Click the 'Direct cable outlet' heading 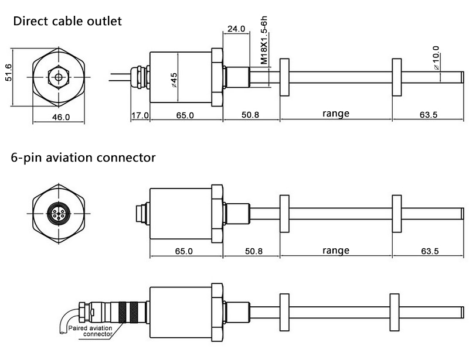[67, 22]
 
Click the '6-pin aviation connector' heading [83, 157]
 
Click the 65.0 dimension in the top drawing [185, 115]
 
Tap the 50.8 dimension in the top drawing [250, 115]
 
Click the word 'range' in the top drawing [335, 114]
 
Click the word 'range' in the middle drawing [335, 251]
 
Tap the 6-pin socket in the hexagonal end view [59, 214]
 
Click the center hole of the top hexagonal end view [59, 77]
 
